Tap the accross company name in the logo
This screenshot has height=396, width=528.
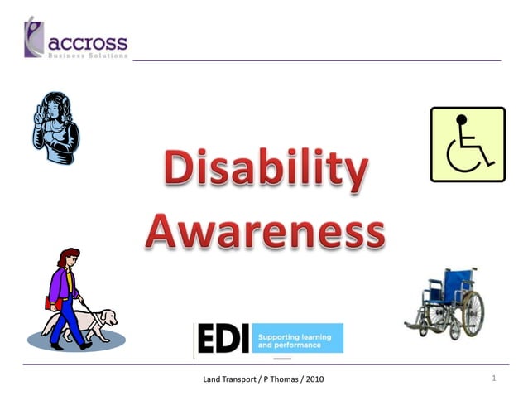click(x=89, y=42)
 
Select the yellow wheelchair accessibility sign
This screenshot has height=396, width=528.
click(x=468, y=144)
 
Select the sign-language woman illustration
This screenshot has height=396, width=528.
click(x=55, y=128)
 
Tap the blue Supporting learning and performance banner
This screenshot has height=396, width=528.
click(x=296, y=339)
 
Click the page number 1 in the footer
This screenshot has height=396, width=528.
click(x=493, y=379)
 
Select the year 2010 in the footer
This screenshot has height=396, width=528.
click(x=313, y=379)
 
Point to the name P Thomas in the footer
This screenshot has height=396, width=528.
click(x=280, y=379)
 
